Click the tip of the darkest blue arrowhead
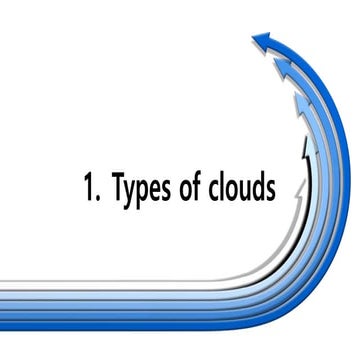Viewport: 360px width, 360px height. pyautogui.click(x=253, y=41)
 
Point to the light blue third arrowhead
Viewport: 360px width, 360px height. pyautogui.click(x=301, y=103)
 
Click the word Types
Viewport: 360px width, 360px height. pyautogui.click(x=145, y=189)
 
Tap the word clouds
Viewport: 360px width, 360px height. pyautogui.click(x=245, y=187)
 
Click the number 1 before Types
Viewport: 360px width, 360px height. pyautogui.click(x=89, y=187)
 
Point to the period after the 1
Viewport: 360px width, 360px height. pyautogui.click(x=99, y=198)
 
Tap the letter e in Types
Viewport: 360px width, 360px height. pyautogui.click(x=161, y=190)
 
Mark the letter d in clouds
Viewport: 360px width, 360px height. pyautogui.click(x=262, y=187)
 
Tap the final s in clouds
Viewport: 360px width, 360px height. pyautogui.click(x=273, y=190)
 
